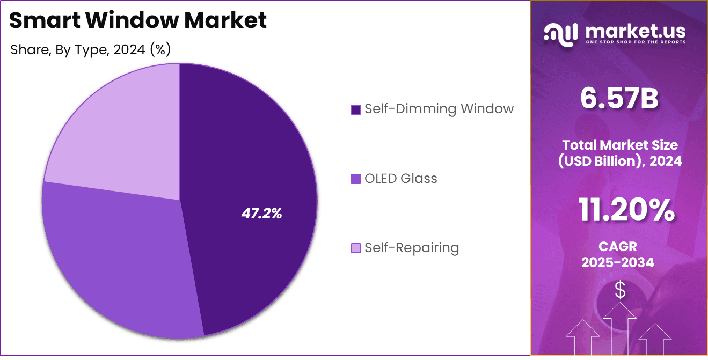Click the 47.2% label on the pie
[261, 214]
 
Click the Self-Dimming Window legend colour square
[355, 109]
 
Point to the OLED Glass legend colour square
[355, 179]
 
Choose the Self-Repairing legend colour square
[355, 248]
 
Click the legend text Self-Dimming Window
[439, 109]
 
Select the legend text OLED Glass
[400, 178]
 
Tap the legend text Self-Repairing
[411, 247]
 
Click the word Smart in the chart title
[43, 20]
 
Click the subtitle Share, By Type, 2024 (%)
[90, 50]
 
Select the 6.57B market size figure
[619, 99]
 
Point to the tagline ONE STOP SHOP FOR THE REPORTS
[636, 42]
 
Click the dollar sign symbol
[620, 290]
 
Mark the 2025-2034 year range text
[618, 262]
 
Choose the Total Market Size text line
[619, 144]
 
